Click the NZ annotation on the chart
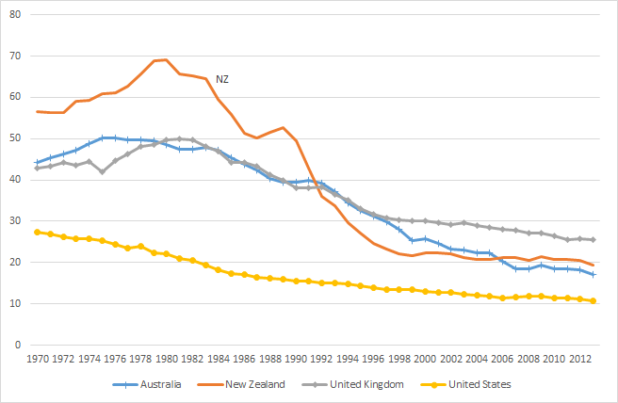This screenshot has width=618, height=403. (222, 79)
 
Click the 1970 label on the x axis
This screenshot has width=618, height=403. (39, 359)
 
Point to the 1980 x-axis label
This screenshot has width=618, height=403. (167, 359)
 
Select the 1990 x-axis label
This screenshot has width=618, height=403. (296, 359)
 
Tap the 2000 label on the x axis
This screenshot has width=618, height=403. (424, 359)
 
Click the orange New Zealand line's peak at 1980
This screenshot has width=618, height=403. (167, 59)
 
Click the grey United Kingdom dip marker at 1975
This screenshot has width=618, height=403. (103, 171)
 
